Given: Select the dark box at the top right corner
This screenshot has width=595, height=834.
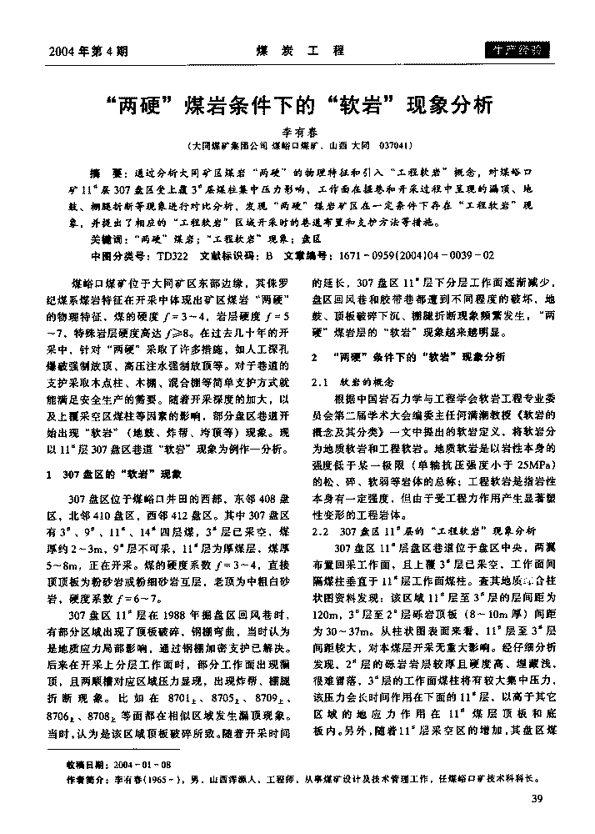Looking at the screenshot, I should click(x=517, y=49).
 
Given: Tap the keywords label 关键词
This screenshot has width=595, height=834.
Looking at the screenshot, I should click(x=112, y=238).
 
